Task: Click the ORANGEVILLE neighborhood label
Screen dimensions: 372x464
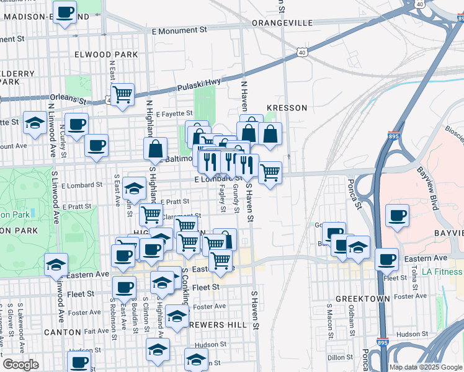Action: point(282,22)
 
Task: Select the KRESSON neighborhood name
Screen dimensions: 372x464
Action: point(287,108)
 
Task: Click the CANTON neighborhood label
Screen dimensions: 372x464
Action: point(63,333)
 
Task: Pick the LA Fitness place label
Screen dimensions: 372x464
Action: point(442,272)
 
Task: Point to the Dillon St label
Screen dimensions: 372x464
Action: point(341,357)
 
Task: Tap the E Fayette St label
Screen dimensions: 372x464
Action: point(175,115)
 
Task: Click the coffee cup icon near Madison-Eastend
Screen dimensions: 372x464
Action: point(65,12)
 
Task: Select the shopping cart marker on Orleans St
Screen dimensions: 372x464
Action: point(123,95)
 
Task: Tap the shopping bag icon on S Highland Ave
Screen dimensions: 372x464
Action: point(155,148)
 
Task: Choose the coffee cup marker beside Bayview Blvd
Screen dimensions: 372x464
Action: point(397,216)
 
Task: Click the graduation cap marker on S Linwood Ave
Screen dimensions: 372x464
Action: point(56,265)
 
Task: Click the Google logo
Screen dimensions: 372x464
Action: point(20,365)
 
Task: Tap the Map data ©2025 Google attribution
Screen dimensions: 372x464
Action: point(425,367)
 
